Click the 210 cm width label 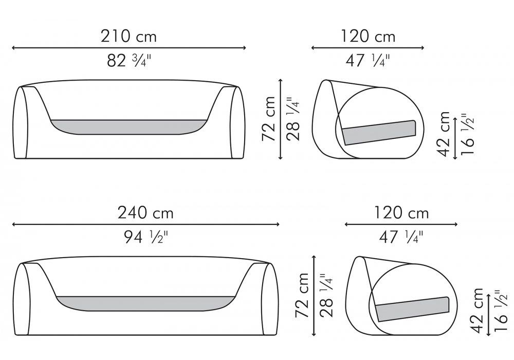click(x=128, y=36)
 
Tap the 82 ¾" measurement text click(x=129, y=60)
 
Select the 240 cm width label click(x=145, y=213)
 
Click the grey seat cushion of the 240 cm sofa click(x=145, y=303)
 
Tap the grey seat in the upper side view click(x=379, y=133)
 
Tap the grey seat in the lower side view click(x=412, y=309)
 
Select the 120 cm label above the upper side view click(x=368, y=36)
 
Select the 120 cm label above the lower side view click(x=401, y=213)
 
